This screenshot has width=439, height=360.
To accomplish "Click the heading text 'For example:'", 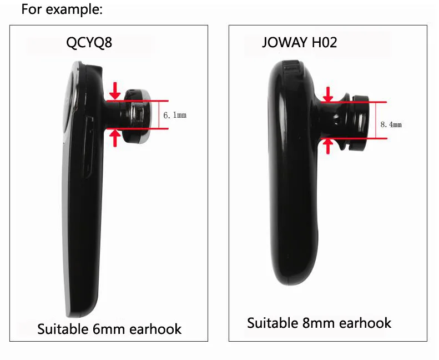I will click(62, 10).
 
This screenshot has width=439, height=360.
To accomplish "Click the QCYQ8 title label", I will click(89, 43).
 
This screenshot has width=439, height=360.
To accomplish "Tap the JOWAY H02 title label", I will click(299, 43).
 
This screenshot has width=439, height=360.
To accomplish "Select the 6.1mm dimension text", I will click(174, 116).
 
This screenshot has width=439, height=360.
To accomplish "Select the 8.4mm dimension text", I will click(390, 124).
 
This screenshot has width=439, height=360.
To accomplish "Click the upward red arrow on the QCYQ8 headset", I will click(115, 138).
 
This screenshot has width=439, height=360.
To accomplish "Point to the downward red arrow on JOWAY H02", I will click(329, 94).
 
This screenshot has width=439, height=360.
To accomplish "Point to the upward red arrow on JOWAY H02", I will click(329, 146).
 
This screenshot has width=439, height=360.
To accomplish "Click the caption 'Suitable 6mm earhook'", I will click(109, 329).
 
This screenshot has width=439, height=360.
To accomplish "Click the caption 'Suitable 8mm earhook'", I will click(319, 323).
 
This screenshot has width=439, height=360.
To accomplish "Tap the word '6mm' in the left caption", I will click(112, 329).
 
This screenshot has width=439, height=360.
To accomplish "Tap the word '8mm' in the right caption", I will click(322, 323).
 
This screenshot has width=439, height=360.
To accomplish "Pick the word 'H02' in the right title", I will click(324, 43).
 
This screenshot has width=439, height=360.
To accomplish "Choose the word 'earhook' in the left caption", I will click(155, 329).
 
